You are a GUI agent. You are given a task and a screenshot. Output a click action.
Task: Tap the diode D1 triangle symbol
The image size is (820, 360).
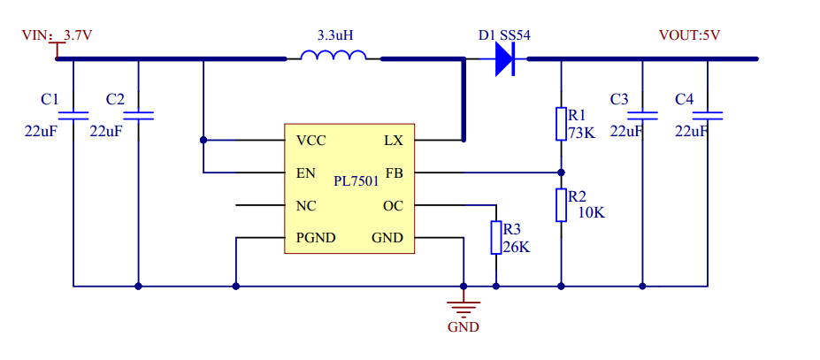pyautogui.click(x=504, y=59)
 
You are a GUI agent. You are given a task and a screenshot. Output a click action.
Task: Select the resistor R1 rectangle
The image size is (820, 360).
pyautogui.click(x=561, y=124)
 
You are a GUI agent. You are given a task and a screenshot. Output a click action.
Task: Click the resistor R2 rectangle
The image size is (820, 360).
pyautogui.click(x=561, y=204)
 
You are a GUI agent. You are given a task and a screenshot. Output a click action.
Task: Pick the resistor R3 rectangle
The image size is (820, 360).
pyautogui.click(x=495, y=237)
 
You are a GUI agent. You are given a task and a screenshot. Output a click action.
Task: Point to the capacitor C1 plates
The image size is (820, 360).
pyautogui.click(x=73, y=115)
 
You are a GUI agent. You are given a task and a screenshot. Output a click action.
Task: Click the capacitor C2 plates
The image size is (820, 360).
pyautogui.click(x=138, y=115)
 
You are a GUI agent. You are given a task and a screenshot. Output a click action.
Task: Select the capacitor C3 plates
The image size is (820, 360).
pyautogui.click(x=642, y=115)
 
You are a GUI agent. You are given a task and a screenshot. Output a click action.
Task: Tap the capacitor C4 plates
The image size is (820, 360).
pyautogui.click(x=708, y=115)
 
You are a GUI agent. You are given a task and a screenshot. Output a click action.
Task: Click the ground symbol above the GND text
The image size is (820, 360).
pyautogui.click(x=464, y=307)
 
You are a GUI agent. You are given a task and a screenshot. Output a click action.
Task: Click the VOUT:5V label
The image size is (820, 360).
pyautogui.click(x=689, y=36)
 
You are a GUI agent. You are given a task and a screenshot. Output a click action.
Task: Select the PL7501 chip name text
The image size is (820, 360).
pyautogui.click(x=356, y=181)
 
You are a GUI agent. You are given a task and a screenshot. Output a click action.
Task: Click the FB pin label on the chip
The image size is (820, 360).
pyautogui.click(x=394, y=172)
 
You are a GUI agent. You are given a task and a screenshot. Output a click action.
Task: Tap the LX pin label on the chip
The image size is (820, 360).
pyautogui.click(x=394, y=141)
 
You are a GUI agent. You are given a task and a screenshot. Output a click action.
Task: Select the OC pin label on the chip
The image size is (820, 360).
pyautogui.click(x=393, y=205)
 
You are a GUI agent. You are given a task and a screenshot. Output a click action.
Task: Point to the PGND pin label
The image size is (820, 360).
pyautogui.click(x=314, y=238)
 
